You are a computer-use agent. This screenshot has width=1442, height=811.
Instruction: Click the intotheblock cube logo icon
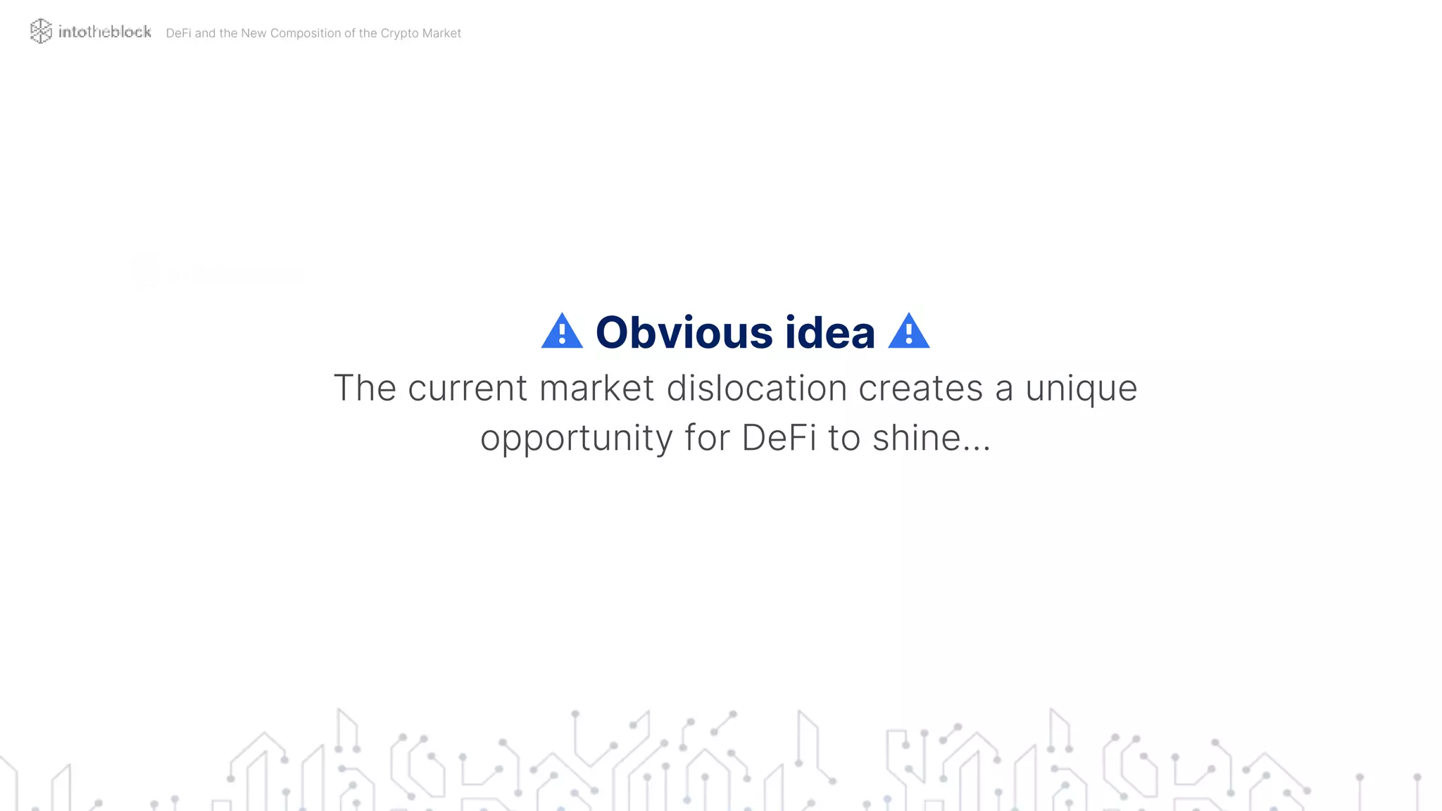coord(41,31)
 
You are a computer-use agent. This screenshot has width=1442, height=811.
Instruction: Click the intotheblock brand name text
coord(105,32)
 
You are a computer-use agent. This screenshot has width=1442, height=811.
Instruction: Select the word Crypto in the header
coord(399,33)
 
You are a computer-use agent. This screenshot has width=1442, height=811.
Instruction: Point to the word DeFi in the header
coord(178,33)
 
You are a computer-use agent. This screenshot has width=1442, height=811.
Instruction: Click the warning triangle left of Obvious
coord(562,332)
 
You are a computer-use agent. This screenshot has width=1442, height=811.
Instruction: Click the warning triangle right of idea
coord(908,332)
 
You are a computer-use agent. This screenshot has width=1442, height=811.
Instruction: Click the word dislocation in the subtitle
coord(756,388)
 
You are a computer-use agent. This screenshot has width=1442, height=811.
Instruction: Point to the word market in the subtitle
coord(596,388)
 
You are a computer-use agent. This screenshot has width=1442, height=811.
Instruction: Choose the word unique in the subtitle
coord(1081,388)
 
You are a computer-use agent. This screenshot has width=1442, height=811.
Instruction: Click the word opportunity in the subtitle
coord(576,438)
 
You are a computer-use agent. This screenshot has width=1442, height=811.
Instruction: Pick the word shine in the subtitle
coord(916,438)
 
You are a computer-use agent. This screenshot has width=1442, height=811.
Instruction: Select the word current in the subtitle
coord(467,388)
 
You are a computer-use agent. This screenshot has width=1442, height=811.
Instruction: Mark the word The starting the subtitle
coord(364,388)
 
